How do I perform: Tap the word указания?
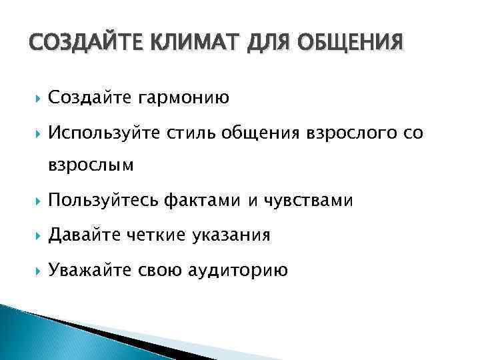click(232, 236)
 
